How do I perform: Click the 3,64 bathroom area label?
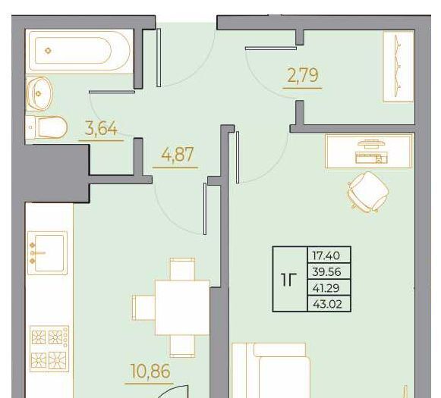tap(101, 129)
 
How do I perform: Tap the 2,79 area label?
tap(303, 76)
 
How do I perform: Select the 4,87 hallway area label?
tap(178, 154)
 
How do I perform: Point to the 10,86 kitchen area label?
tap(150, 371)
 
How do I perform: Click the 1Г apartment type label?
tap(289, 280)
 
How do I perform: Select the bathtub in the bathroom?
tap(79, 51)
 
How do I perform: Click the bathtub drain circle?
tap(49, 51)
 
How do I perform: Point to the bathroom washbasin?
tap(39, 93)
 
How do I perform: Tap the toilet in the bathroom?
tap(46, 127)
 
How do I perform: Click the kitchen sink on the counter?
tap(47, 252)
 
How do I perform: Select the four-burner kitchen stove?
tap(49, 348)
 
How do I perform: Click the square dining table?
tap(182, 308)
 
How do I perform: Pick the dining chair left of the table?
tap(143, 308)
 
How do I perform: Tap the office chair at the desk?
tap(368, 192)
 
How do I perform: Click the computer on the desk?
tap(371, 152)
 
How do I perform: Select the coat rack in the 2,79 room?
tap(398, 66)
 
